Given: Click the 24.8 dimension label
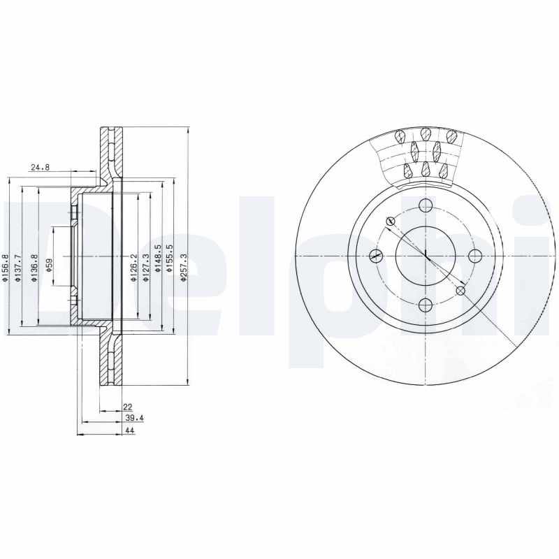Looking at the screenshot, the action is pos(40,167).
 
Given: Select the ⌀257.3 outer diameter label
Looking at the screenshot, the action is pos(184,268).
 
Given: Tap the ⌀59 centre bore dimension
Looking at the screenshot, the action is pos(49,266).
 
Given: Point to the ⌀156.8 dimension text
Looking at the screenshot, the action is pos(5,268).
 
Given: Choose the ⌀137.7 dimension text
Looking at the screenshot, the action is pos(18,268).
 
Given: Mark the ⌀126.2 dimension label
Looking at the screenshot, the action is pos(133,268).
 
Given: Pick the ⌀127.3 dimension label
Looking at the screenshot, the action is pos(145,268).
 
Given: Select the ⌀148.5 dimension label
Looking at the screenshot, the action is pos(159,259).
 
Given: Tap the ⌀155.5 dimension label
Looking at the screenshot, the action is pos(170,259).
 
